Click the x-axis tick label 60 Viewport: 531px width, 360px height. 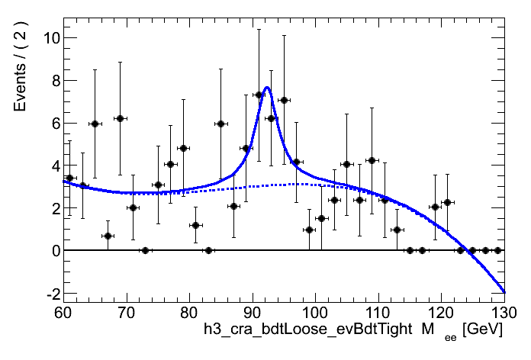pyautogui.click(x=63, y=313)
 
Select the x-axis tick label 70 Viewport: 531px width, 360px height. pyautogui.click(x=126, y=313)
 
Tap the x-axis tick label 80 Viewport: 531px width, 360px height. pyautogui.click(x=188, y=313)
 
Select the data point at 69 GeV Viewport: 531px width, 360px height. pyautogui.click(x=120, y=118)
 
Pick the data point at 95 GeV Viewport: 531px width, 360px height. pyautogui.click(x=284, y=100)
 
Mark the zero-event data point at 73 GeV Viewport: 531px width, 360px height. pyautogui.click(x=145, y=250)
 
